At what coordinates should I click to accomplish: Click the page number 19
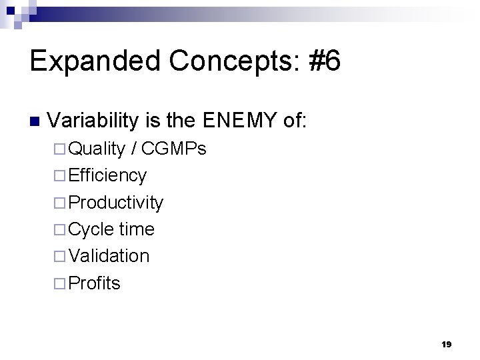446,345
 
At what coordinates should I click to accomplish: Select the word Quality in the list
97,149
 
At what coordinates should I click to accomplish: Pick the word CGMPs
173,149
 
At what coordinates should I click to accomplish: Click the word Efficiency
107,175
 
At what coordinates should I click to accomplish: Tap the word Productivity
115,203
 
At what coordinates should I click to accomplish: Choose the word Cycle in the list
91,229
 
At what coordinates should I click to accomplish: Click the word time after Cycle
137,229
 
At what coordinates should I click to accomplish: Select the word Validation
109,256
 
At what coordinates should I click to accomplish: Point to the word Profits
94,283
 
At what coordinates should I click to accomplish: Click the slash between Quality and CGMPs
135,149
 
